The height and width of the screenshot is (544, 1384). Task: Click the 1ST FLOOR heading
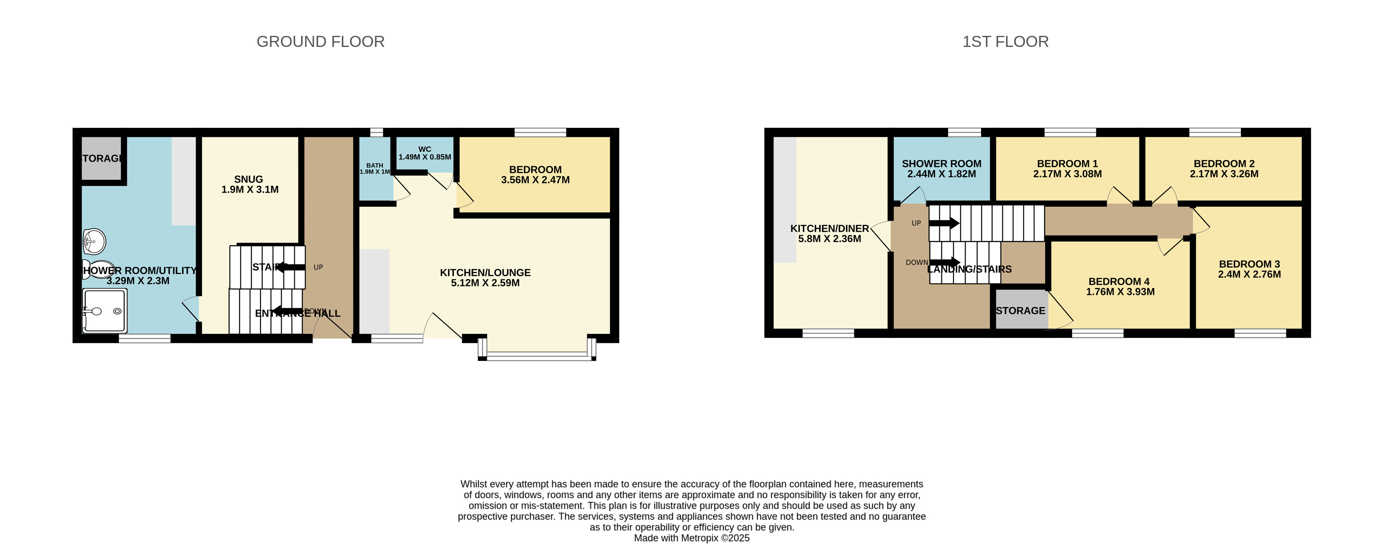click(x=1005, y=42)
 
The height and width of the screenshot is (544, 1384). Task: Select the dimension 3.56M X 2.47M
click(x=535, y=180)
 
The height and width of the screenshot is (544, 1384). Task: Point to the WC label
click(x=425, y=149)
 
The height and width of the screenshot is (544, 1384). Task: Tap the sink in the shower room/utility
click(x=94, y=241)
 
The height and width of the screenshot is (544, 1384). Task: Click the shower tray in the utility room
click(x=105, y=311)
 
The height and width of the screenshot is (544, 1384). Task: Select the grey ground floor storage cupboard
click(x=101, y=159)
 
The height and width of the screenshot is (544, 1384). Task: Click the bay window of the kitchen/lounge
click(x=537, y=354)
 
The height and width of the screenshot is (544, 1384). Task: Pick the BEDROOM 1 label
click(x=1067, y=164)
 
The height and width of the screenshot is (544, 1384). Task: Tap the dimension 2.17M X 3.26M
click(x=1224, y=174)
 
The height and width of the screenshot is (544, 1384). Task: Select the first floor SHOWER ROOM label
click(x=941, y=164)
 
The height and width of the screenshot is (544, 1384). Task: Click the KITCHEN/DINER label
click(x=829, y=229)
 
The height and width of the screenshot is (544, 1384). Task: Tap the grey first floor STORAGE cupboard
click(x=1020, y=311)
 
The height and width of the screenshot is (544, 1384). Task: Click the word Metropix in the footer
click(x=700, y=538)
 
